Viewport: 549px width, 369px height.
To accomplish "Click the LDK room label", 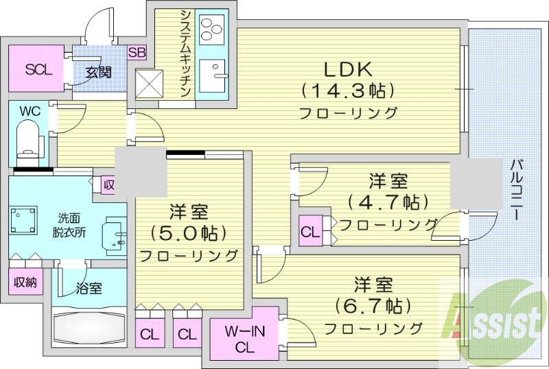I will point(348,69).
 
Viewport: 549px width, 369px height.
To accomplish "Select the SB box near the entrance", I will point(137,53).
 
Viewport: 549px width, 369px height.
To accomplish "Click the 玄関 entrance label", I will point(98,71).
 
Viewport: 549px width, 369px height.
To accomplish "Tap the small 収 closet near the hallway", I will point(109,184).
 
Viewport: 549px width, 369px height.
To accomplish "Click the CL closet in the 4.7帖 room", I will point(309,231).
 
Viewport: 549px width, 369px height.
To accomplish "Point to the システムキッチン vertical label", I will point(185,55).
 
